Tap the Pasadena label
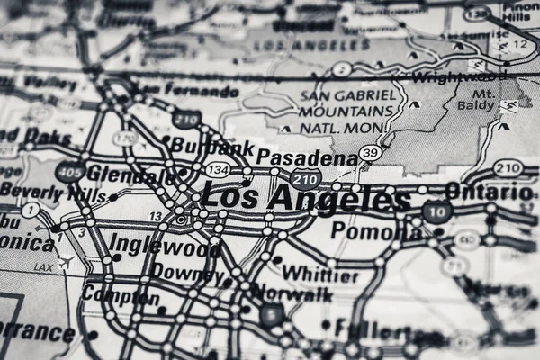click(307, 158)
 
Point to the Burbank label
click(212, 147)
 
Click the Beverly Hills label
click(54, 192)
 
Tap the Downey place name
click(187, 271)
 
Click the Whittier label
click(319, 274)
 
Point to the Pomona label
click(376, 231)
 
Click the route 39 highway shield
click(370, 154)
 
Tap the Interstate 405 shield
click(69, 171)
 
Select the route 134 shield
click(216, 169)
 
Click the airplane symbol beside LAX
click(65, 263)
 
